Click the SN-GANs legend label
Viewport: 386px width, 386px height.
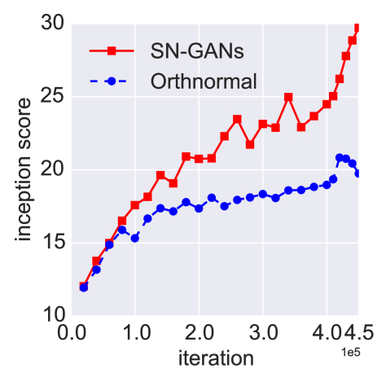click(x=197, y=51)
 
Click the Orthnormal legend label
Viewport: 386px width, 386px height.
click(x=204, y=81)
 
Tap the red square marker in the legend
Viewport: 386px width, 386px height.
click(x=110, y=51)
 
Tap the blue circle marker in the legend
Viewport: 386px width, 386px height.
click(x=110, y=81)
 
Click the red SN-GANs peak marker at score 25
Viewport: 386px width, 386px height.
click(x=288, y=97)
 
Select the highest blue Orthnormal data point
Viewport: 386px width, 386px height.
click(x=340, y=157)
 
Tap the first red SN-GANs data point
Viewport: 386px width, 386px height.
click(x=84, y=286)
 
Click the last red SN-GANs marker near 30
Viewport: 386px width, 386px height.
click(x=357, y=28)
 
